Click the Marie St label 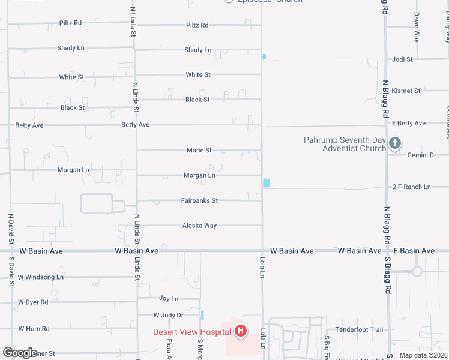tap(199, 150)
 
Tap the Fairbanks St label tap(199, 200)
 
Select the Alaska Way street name tap(199, 226)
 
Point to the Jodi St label tap(402, 59)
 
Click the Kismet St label tap(406, 91)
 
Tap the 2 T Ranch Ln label tap(412, 187)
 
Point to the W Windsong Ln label tap(41, 277)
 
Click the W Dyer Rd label tap(33, 302)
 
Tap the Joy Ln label tap(169, 298)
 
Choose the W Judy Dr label tap(168, 315)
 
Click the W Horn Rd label tap(34, 329)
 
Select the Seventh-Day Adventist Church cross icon tap(395, 143)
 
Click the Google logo tap(20, 353)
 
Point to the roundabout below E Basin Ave tap(417, 271)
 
